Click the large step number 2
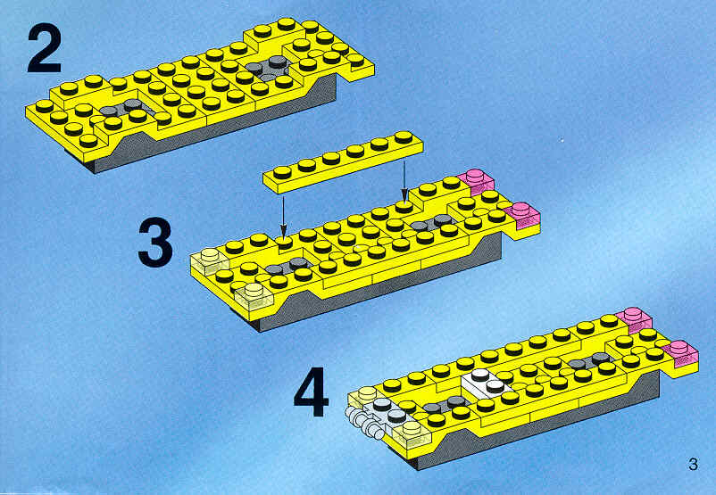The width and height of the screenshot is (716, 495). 45,49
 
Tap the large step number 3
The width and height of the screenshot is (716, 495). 155,243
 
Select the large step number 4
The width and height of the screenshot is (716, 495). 311,392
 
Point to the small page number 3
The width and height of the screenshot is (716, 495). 693,464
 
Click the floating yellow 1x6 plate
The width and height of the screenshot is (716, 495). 343,161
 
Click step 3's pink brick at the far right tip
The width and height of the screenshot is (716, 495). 522,217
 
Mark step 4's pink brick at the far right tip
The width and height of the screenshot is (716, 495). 681,353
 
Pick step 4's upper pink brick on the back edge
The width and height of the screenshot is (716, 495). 634,318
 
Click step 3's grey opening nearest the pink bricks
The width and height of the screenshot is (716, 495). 434,224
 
